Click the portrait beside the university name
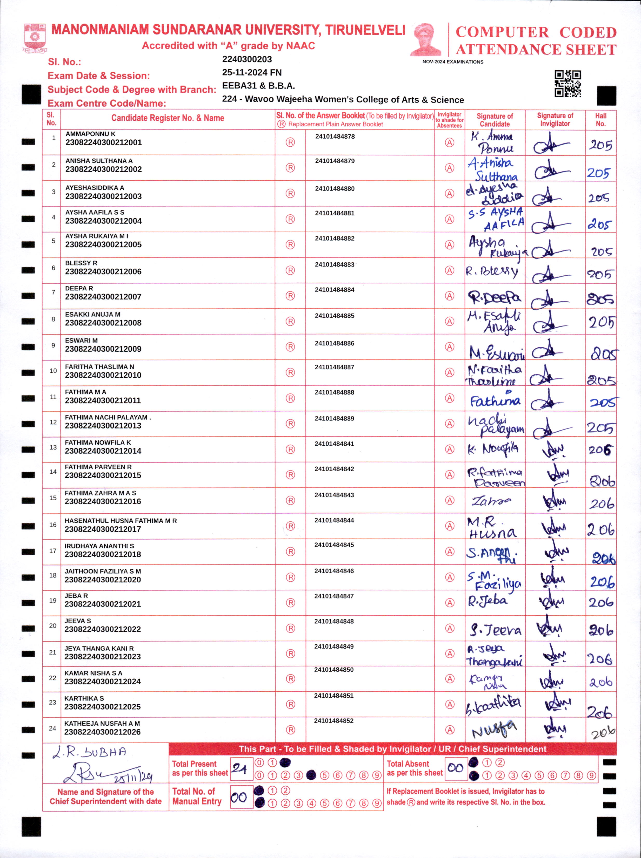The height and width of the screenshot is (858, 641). (x=426, y=39)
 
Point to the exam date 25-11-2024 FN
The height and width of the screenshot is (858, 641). (x=252, y=72)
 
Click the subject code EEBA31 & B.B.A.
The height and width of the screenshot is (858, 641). (x=258, y=86)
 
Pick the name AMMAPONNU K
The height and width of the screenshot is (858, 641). (x=90, y=134)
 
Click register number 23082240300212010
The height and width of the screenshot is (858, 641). (x=103, y=375)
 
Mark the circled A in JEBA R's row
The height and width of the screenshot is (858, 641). (x=449, y=603)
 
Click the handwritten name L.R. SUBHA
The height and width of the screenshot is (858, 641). (x=90, y=752)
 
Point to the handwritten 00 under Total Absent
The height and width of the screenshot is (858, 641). (x=455, y=768)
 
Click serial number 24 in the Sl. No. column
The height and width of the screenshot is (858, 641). (x=52, y=728)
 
